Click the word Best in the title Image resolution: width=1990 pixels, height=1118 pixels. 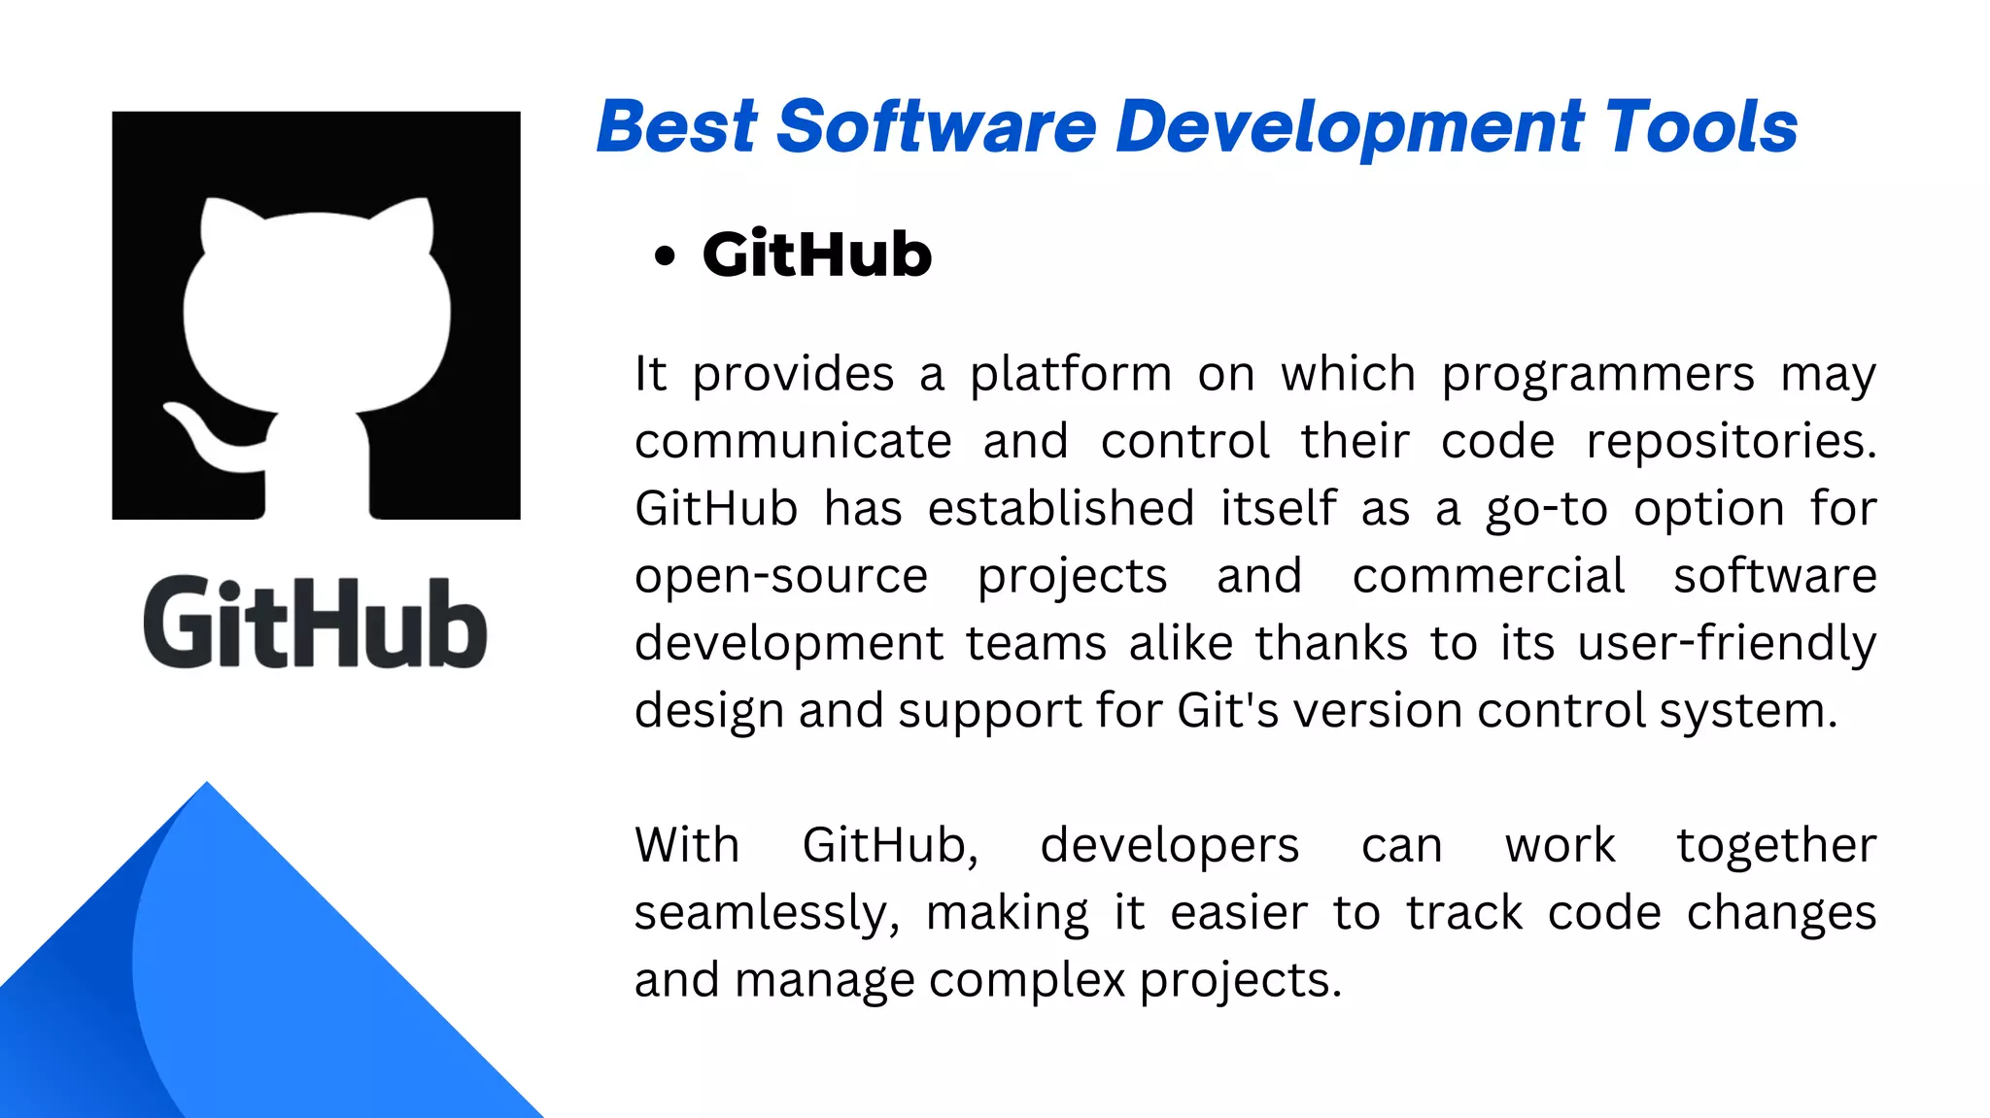(x=676, y=127)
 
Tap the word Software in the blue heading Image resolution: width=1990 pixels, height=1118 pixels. (x=937, y=127)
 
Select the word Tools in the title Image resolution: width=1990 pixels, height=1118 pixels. (x=1700, y=127)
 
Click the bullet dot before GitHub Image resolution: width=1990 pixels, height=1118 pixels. (x=665, y=256)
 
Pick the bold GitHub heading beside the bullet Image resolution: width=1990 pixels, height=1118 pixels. (x=817, y=255)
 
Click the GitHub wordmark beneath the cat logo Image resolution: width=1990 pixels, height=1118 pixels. (x=315, y=623)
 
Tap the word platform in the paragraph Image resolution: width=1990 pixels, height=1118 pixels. (x=1071, y=375)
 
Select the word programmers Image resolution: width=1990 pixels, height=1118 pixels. (x=1597, y=375)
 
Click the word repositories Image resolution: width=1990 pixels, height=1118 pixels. (x=1731, y=442)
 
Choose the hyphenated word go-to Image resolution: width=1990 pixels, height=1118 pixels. (x=1546, y=510)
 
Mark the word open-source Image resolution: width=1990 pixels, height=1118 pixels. (x=781, y=577)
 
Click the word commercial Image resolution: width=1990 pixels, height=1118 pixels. (x=1489, y=576)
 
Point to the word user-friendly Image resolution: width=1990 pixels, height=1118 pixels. (x=1727, y=644)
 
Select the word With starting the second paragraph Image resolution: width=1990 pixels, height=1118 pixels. (x=687, y=845)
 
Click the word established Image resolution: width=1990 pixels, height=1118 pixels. (x=1061, y=509)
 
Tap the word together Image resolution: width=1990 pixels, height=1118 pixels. (x=1776, y=846)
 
